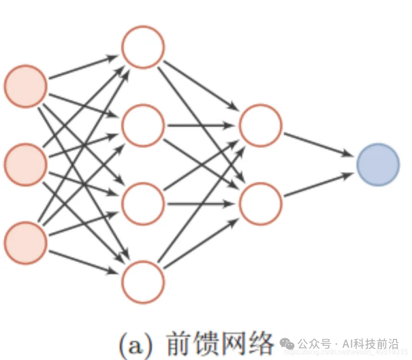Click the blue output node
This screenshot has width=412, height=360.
pyautogui.click(x=378, y=165)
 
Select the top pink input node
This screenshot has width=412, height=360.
pyautogui.click(x=26, y=86)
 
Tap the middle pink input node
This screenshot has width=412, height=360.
pyautogui.click(x=26, y=164)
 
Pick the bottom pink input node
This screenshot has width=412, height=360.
pyautogui.click(x=26, y=242)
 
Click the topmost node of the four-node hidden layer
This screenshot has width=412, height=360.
pyautogui.click(x=143, y=46)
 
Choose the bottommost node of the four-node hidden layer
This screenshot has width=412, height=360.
pyautogui.click(x=143, y=281)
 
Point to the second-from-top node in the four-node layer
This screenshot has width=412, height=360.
pyautogui.click(x=143, y=125)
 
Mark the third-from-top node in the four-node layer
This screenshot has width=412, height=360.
pyautogui.click(x=143, y=203)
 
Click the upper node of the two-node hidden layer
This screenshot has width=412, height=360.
pyautogui.click(x=261, y=125)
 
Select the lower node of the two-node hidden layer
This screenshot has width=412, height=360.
pyautogui.click(x=261, y=203)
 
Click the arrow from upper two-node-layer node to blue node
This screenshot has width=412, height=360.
pyautogui.click(x=319, y=144)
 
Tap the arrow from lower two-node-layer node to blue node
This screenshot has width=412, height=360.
pyautogui.click(x=319, y=185)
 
